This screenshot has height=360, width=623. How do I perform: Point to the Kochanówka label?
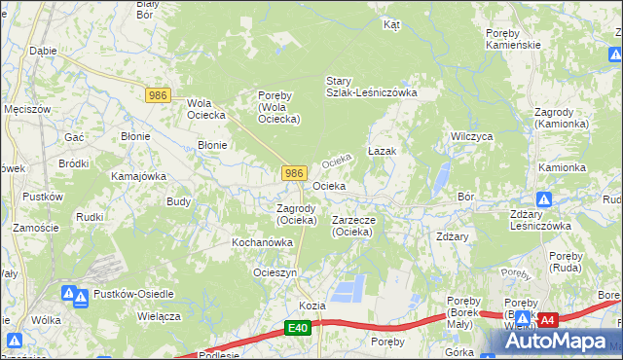262,242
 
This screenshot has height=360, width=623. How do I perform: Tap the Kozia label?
311,306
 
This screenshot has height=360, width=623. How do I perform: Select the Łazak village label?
382,153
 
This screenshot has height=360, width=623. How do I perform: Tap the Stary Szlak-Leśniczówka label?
371,87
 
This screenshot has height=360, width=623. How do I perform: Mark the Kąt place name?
392,24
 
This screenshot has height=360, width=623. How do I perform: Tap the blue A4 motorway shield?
547,319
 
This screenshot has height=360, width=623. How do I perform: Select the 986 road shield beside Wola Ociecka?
159,95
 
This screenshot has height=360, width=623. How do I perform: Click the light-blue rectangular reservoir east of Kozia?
349,288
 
